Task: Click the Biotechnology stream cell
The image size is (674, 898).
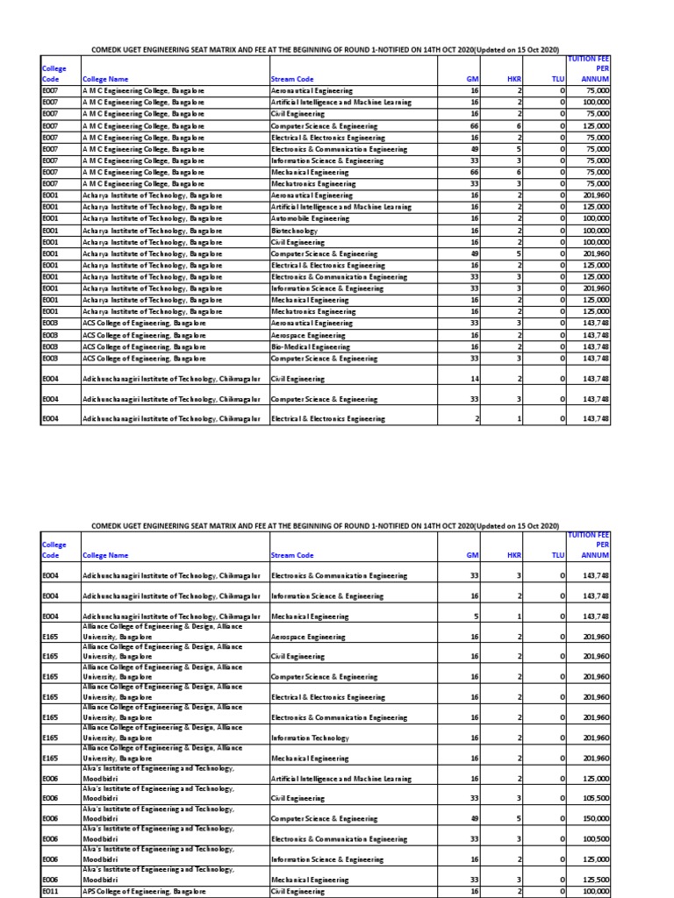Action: tap(294, 230)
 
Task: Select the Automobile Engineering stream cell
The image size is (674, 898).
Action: tap(310, 218)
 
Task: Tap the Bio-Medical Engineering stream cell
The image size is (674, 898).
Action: tap(308, 346)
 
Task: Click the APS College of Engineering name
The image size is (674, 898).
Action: tap(144, 891)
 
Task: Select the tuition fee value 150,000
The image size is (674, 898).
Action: tap(596, 818)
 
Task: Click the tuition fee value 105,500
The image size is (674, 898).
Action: tap(596, 798)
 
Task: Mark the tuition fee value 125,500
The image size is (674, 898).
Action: tap(596, 880)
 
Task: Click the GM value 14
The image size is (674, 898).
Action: tap(474, 379)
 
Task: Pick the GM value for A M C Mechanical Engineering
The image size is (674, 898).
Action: tap(474, 172)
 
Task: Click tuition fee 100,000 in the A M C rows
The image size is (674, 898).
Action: tap(596, 102)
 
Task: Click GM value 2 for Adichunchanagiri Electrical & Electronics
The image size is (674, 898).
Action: tap(477, 419)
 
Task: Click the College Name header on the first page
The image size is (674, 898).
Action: tap(105, 79)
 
